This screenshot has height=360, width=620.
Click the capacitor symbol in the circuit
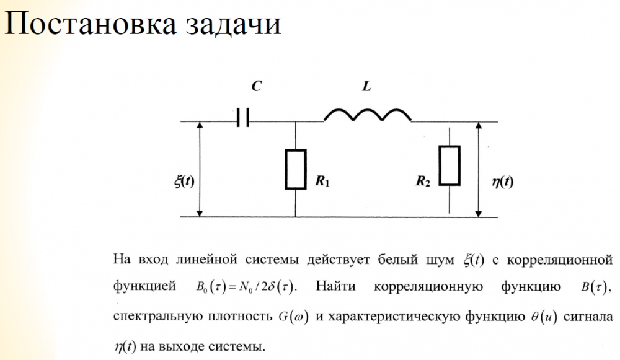242,116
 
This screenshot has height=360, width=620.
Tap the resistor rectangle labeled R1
295,169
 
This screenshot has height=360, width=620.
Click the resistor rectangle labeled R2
449,165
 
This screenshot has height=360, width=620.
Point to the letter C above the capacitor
256,87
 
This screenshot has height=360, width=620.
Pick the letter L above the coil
366,87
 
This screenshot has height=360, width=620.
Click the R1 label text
322,182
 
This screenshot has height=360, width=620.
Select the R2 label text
423,182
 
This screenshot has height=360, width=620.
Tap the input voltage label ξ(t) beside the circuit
185,182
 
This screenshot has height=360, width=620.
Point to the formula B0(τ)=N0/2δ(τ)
242,288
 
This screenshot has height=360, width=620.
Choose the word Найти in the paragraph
338,288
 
